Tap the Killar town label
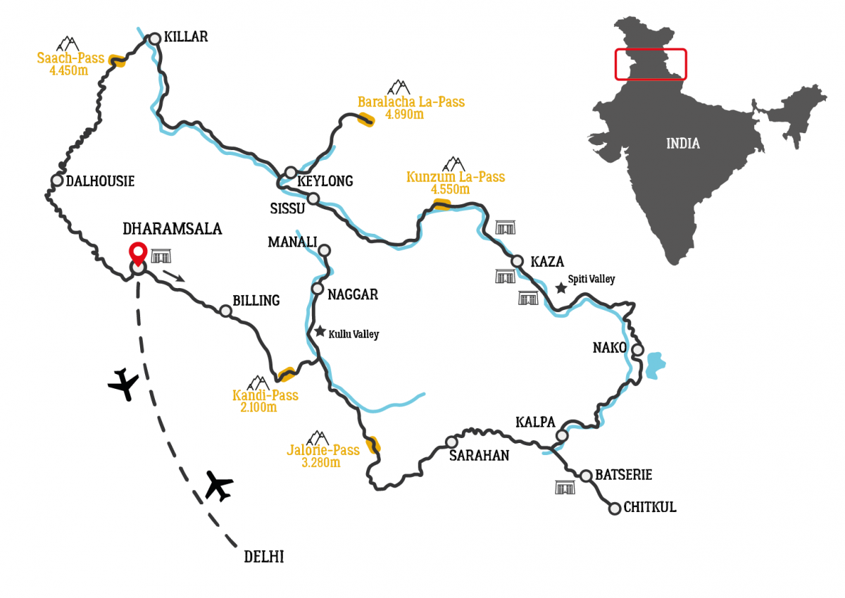186,37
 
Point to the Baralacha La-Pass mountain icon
399,87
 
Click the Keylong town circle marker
291,173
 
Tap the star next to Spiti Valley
561,287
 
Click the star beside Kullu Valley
320,331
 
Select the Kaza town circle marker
518,261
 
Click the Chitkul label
651,507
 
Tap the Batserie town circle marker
586,475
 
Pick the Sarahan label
479,455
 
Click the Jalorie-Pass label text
323,450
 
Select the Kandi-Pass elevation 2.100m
255,407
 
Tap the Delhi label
263,557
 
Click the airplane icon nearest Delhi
219,486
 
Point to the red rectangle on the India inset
650,64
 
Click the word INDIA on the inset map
683,144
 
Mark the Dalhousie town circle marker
57,180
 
